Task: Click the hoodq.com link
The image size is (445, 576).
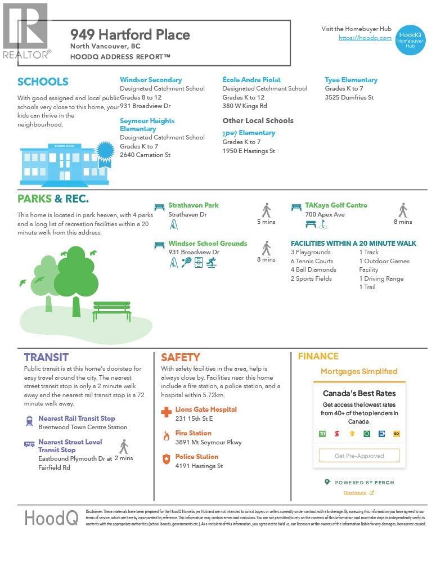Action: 365,38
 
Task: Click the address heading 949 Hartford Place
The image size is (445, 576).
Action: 130,34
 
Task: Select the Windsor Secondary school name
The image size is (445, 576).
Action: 151,80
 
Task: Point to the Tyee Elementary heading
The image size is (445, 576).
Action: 351,80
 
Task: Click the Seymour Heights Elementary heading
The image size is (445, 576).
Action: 147,125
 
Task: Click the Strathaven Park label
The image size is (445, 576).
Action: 194,205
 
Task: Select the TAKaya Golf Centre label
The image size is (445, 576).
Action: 336,205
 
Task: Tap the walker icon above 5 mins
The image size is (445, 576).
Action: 266,210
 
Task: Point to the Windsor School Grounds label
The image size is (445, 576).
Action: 208,244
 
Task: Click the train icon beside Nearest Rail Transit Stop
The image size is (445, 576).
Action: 29,421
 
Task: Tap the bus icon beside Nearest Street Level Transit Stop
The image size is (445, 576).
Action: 29,444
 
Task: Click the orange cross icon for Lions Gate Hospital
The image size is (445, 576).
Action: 166,412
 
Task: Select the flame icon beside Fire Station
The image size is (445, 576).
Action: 166,436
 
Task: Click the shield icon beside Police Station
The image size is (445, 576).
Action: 166,460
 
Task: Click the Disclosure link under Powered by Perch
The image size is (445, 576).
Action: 355,493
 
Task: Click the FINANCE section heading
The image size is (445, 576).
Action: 318,356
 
